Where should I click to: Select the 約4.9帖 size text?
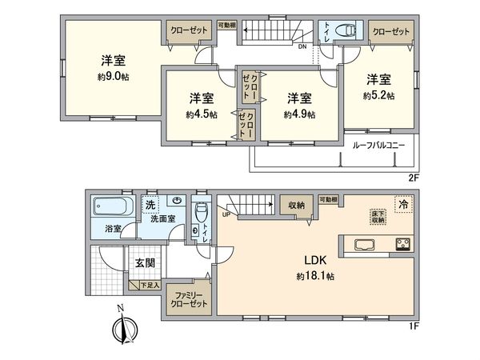[299, 114]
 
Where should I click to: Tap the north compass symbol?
[123, 330]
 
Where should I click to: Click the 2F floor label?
[413, 177]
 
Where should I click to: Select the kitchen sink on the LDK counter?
[364, 244]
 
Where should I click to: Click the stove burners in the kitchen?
[401, 244]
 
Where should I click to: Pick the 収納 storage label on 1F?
[297, 206]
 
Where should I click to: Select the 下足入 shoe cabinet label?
[151, 285]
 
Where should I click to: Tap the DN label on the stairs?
[302, 46]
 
